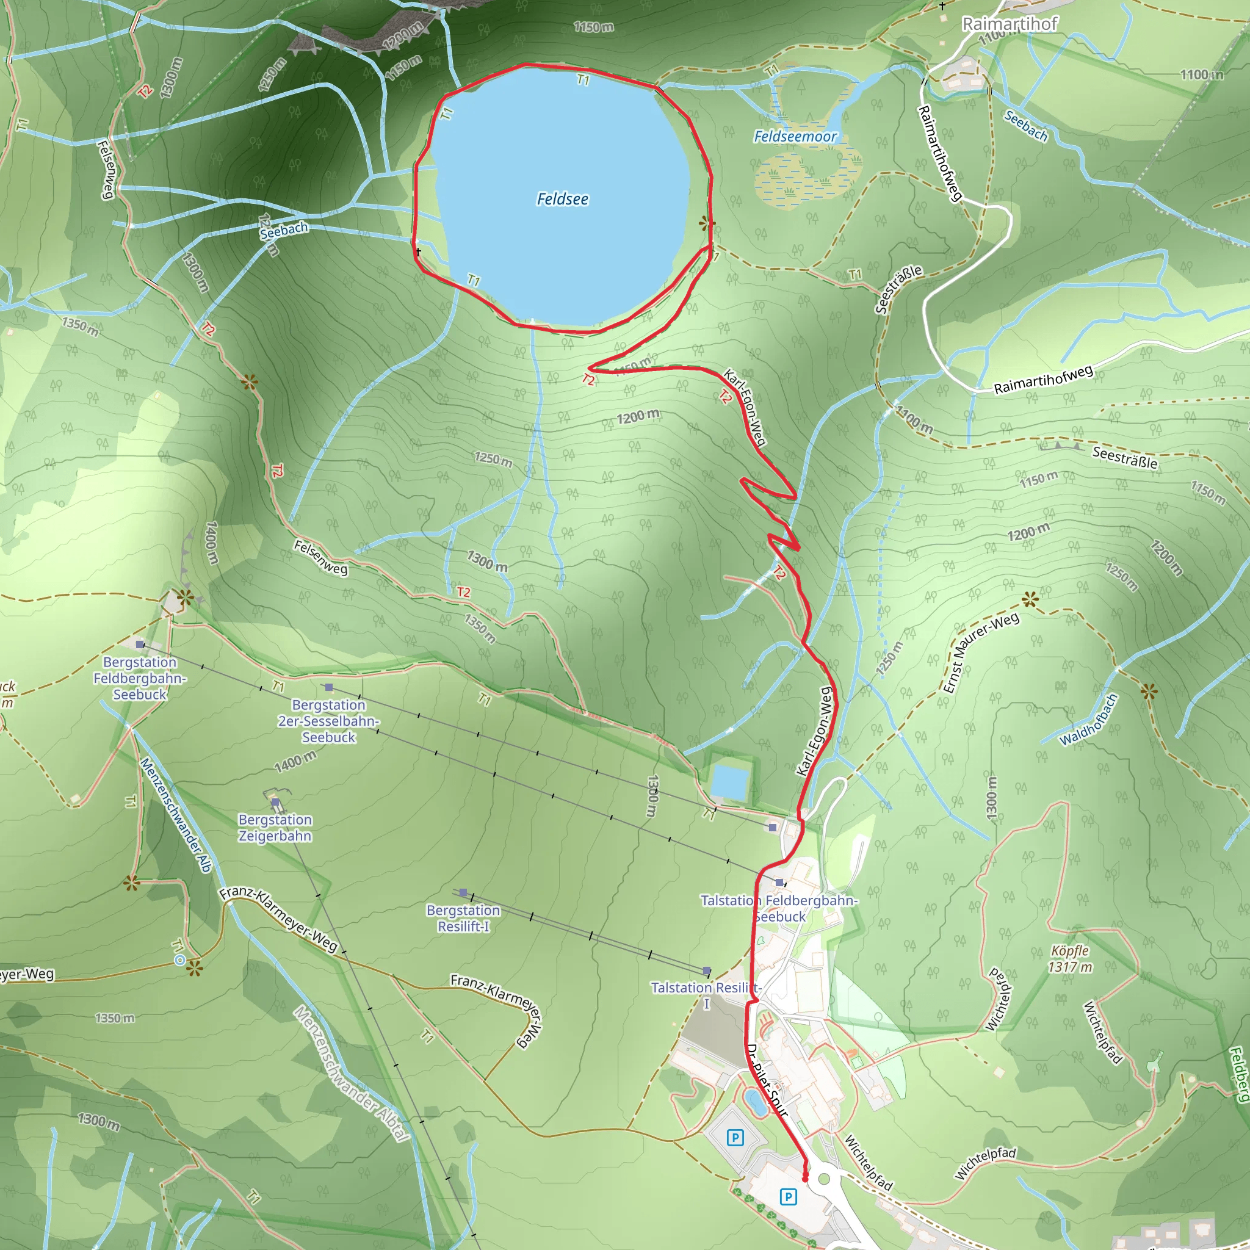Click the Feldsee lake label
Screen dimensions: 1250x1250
[x=562, y=199]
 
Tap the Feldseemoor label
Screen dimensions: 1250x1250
[x=795, y=137]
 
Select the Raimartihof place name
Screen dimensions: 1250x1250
[x=1010, y=24]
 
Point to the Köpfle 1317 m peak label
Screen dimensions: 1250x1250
[x=1070, y=959]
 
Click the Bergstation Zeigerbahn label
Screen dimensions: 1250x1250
[x=275, y=828]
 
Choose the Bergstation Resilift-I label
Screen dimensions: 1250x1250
[x=463, y=918]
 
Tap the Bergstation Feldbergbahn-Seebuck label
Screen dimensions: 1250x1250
[x=140, y=678]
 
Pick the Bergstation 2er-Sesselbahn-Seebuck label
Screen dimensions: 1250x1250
[x=329, y=721]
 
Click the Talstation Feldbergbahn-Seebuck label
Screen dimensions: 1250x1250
[x=779, y=908]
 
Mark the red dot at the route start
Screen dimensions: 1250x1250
[x=805, y=1179]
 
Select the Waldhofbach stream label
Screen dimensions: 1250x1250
[x=1089, y=720]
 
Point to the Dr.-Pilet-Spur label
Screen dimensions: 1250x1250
[x=767, y=1080]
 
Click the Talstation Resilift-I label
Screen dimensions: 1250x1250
[x=706, y=995]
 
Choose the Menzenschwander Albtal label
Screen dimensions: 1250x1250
[x=352, y=1074]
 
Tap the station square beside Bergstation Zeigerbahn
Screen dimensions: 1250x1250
[x=276, y=802]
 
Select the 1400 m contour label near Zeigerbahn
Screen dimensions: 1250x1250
[x=295, y=762]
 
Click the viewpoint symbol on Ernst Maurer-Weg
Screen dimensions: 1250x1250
[x=1030, y=599]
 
